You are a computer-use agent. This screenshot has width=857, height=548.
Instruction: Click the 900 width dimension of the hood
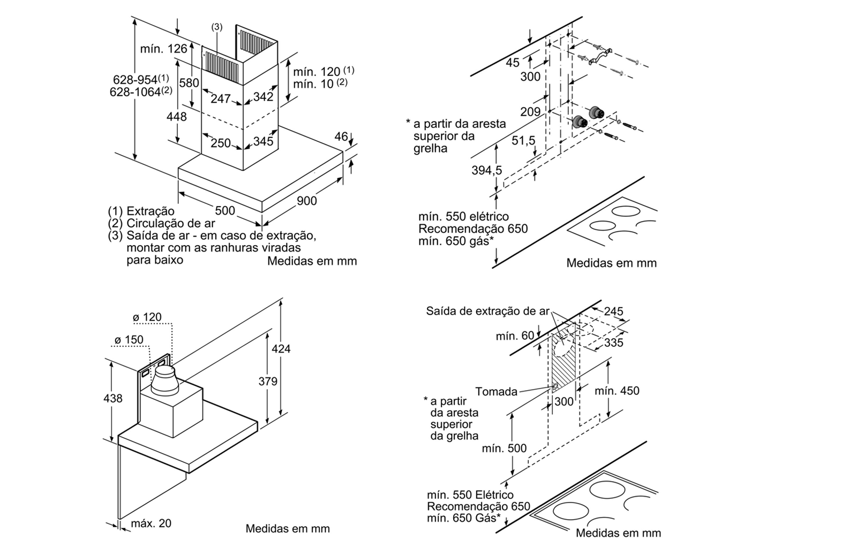[x=307, y=201]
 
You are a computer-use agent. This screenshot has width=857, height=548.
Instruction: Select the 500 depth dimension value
[x=224, y=210]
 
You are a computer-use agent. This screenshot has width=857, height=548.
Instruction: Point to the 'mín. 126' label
[x=164, y=49]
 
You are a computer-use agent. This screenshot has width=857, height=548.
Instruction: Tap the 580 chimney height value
[x=189, y=83]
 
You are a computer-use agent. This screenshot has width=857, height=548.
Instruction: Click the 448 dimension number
[x=177, y=116]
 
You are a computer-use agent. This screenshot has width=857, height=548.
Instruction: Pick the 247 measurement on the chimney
[x=220, y=98]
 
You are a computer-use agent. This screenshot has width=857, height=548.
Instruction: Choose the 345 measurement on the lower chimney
[x=263, y=141]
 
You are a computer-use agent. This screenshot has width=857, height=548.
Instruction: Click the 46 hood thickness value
[x=341, y=136]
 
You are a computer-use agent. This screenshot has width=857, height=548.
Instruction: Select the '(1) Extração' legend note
[x=141, y=211]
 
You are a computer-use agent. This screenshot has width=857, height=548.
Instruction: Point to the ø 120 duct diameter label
[x=147, y=317]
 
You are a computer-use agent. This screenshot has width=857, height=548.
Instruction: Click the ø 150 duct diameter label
[x=129, y=340]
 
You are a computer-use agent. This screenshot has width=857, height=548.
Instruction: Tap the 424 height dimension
[x=281, y=349]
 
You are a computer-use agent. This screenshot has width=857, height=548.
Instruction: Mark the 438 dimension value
[x=112, y=398]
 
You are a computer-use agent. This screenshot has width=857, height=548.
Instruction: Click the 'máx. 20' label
[x=152, y=523]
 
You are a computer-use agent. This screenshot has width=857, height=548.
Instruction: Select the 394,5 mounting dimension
[x=487, y=170]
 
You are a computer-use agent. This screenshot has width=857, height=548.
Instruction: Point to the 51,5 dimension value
[x=523, y=140]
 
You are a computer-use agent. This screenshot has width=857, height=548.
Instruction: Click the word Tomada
[x=497, y=391]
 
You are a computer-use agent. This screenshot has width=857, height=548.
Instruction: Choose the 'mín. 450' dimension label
[x=617, y=391]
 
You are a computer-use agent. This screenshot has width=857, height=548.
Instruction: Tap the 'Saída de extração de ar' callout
[x=487, y=311]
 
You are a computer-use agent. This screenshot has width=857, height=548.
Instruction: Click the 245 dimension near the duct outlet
[x=614, y=311]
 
